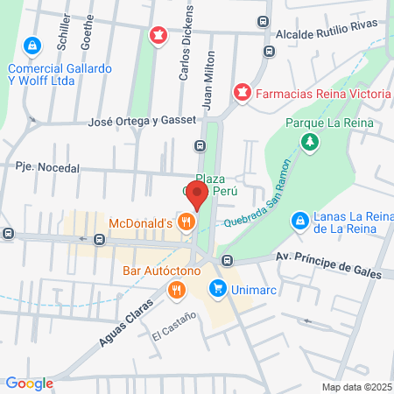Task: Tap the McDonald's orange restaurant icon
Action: click(x=185, y=222)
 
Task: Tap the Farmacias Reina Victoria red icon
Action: click(x=241, y=90)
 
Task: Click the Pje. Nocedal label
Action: click(x=47, y=167)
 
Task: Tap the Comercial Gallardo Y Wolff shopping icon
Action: click(x=32, y=44)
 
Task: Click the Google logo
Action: click(x=29, y=383)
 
